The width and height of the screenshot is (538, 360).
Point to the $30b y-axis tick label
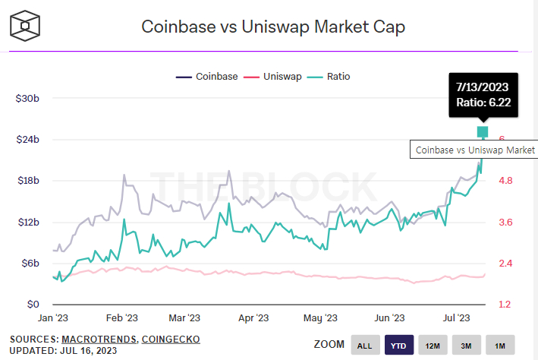(x=29, y=99)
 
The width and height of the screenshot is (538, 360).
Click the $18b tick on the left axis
(x=29, y=181)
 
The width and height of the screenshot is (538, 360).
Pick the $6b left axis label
(x=31, y=263)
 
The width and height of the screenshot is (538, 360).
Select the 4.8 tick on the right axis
(x=506, y=181)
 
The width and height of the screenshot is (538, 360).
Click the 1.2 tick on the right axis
(x=506, y=305)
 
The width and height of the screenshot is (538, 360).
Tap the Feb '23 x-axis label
(x=122, y=318)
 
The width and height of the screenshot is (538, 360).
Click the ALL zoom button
(x=365, y=346)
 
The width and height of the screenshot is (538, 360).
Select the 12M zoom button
(x=433, y=346)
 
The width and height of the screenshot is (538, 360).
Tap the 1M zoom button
(x=500, y=346)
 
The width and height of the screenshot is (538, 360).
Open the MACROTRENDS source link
(x=101, y=339)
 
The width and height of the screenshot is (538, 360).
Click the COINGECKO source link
(x=171, y=339)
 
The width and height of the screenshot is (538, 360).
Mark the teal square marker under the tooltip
(x=483, y=132)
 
